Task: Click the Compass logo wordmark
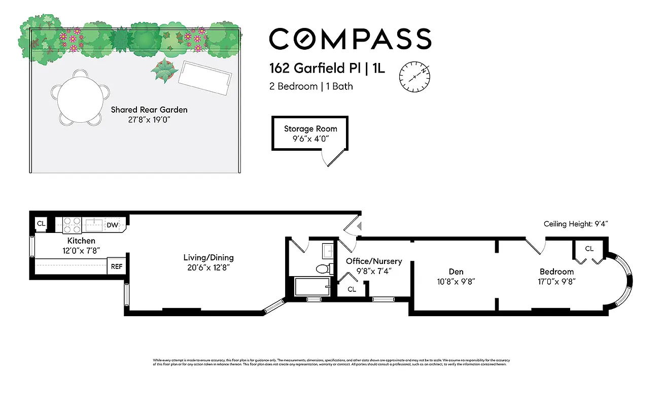point(350,39)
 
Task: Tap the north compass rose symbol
point(414,77)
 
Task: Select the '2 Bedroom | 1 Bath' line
point(310,86)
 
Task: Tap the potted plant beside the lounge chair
point(164,71)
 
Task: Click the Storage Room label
point(310,128)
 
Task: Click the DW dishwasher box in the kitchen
point(112,225)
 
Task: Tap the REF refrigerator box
point(116,266)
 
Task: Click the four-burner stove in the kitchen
point(72,225)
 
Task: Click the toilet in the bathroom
point(321,269)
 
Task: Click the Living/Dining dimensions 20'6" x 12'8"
point(208,267)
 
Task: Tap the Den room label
point(456,272)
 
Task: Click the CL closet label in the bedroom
point(589,249)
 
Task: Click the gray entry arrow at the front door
point(359,226)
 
